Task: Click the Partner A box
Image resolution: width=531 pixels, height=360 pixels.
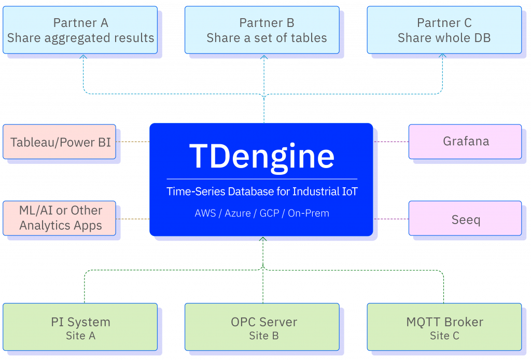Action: (80, 30)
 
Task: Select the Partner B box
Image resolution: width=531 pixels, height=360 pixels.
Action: (262, 30)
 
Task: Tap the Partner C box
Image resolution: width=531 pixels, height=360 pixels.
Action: (444, 30)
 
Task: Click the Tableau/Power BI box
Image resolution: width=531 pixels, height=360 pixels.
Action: (60, 142)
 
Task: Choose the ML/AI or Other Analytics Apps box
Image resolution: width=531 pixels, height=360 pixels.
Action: (60, 218)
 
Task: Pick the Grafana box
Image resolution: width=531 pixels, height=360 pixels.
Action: (465, 141)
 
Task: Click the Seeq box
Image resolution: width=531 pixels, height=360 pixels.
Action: (465, 219)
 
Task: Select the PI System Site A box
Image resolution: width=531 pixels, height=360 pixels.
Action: (80, 327)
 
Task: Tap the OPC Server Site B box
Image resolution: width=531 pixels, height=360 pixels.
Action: (262, 327)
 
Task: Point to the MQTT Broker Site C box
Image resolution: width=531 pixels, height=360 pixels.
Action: (444, 327)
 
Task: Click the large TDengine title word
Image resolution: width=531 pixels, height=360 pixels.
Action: (262, 156)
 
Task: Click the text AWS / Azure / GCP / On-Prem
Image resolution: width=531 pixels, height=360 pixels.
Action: (262, 213)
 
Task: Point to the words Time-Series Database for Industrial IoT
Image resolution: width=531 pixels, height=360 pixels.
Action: (262, 191)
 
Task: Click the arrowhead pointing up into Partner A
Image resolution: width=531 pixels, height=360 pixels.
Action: (83, 57)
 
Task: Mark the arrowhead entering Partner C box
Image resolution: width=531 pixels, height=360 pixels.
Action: (442, 56)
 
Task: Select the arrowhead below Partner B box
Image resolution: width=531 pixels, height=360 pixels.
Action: (264, 57)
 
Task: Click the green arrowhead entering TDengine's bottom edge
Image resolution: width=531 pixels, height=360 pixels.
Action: (263, 240)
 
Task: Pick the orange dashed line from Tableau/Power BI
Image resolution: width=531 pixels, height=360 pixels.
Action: (133, 141)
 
